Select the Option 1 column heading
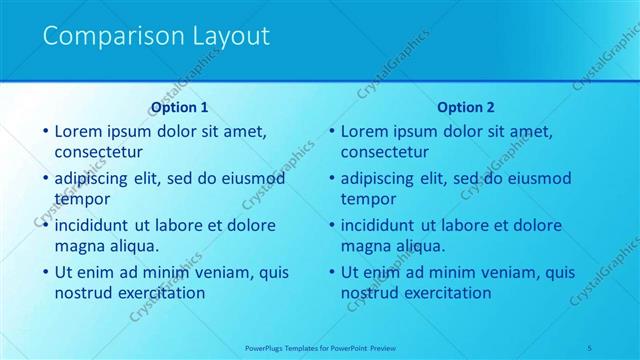(179, 107)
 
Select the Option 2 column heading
(466, 107)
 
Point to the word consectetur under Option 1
(98, 152)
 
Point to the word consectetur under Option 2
(385, 152)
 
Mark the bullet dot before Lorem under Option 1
(45, 132)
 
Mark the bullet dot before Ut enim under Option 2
(331, 272)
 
